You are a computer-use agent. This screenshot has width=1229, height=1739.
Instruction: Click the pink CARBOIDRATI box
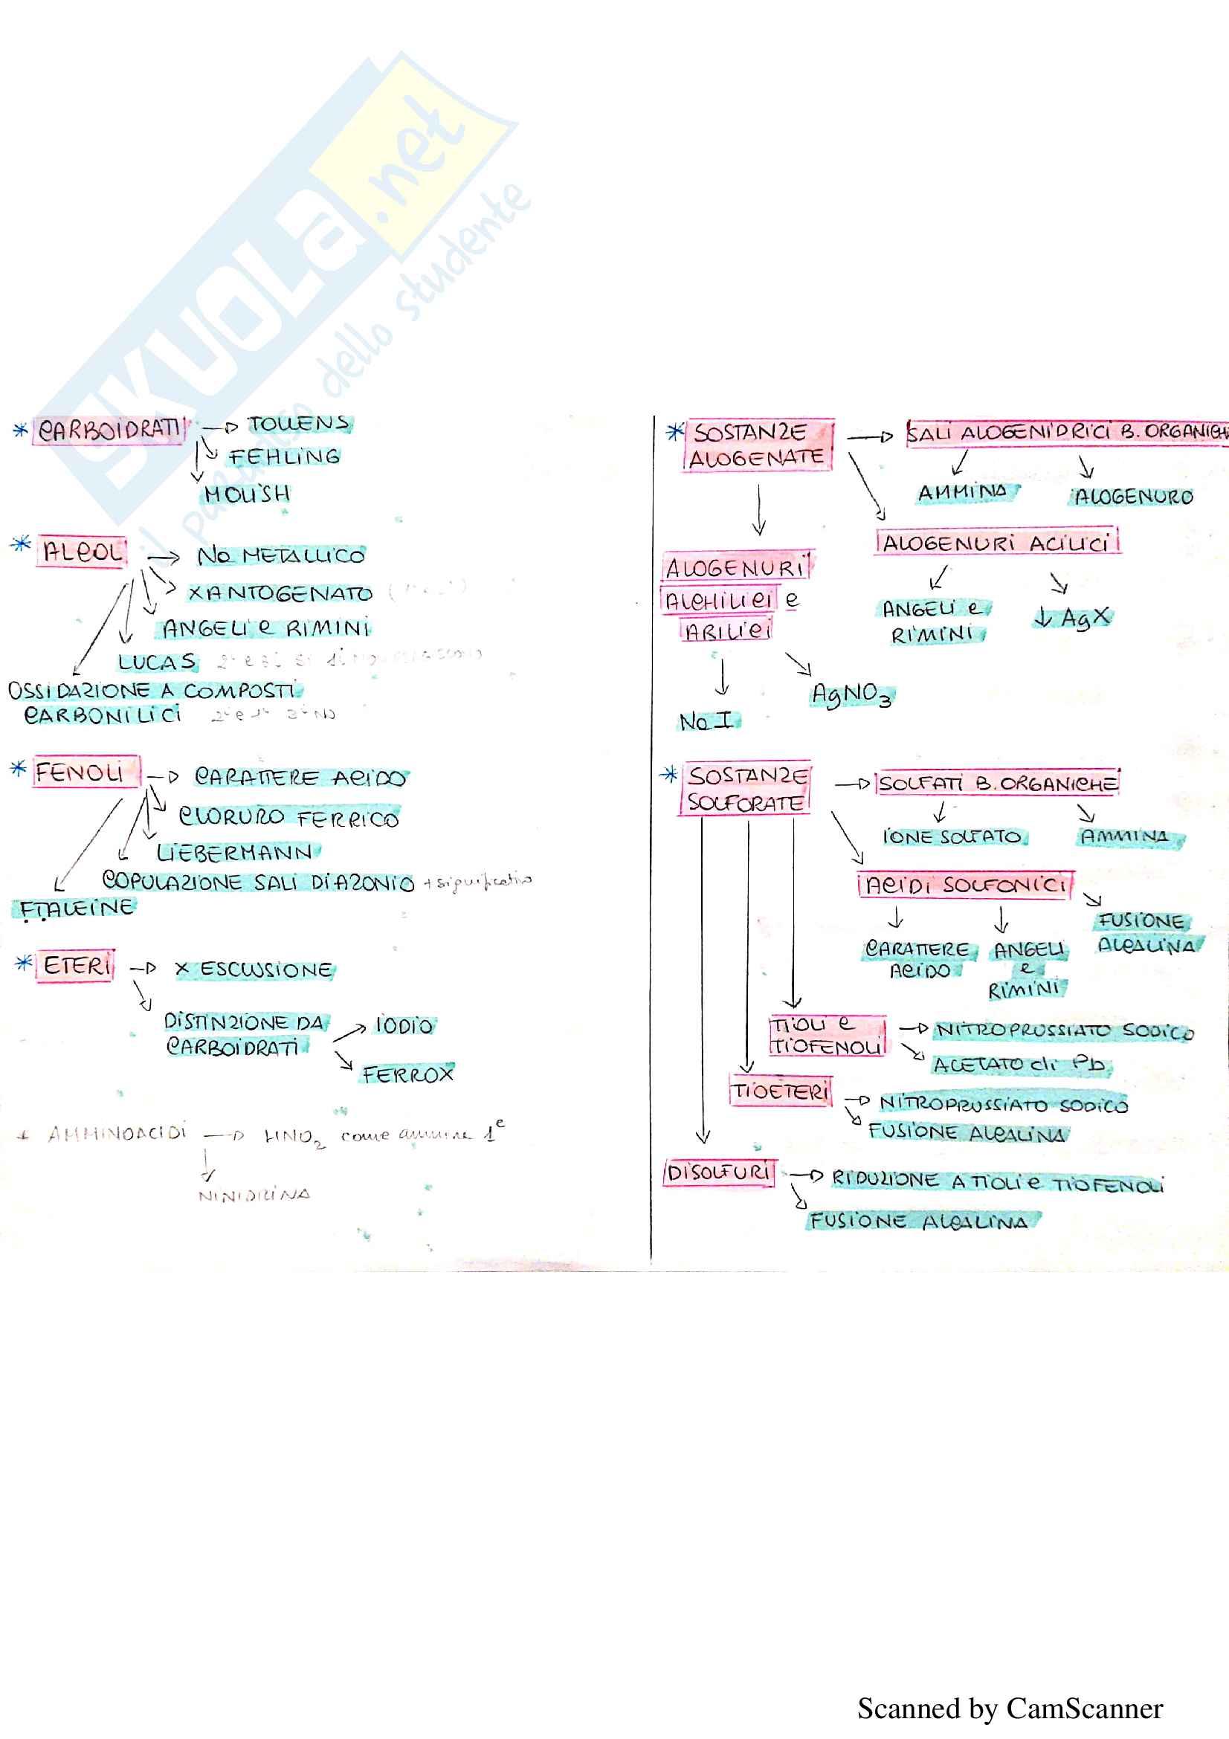click(109, 430)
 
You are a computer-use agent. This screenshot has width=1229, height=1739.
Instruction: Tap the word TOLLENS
click(298, 424)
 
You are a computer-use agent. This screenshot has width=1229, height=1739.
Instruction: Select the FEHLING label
click(284, 457)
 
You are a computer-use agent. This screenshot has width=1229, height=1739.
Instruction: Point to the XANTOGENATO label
click(280, 593)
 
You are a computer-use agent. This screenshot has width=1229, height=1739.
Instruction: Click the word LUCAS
click(157, 662)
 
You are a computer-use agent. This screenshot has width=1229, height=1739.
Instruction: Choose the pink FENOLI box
click(85, 772)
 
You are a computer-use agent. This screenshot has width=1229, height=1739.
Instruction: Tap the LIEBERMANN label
click(235, 853)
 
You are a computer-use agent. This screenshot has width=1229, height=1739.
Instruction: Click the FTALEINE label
click(76, 908)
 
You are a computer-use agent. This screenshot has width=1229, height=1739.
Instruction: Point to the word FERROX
click(407, 1074)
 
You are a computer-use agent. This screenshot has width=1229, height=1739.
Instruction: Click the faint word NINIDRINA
click(254, 1196)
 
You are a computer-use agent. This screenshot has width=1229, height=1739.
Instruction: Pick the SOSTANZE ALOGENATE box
click(757, 445)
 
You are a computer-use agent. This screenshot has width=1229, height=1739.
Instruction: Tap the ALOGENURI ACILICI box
click(996, 542)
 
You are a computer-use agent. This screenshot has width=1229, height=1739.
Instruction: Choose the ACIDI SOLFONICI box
click(966, 885)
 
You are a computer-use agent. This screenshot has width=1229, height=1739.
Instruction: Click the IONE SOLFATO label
click(952, 837)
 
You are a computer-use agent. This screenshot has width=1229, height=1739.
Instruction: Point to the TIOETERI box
click(780, 1091)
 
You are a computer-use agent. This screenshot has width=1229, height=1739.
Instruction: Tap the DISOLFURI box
click(719, 1173)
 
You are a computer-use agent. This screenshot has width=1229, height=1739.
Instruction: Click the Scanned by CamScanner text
click(1010, 1709)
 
